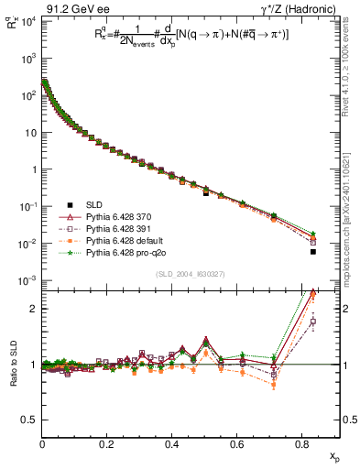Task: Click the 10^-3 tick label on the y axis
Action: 27,280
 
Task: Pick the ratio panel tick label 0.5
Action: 29,420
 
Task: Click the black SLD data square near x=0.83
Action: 313,252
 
